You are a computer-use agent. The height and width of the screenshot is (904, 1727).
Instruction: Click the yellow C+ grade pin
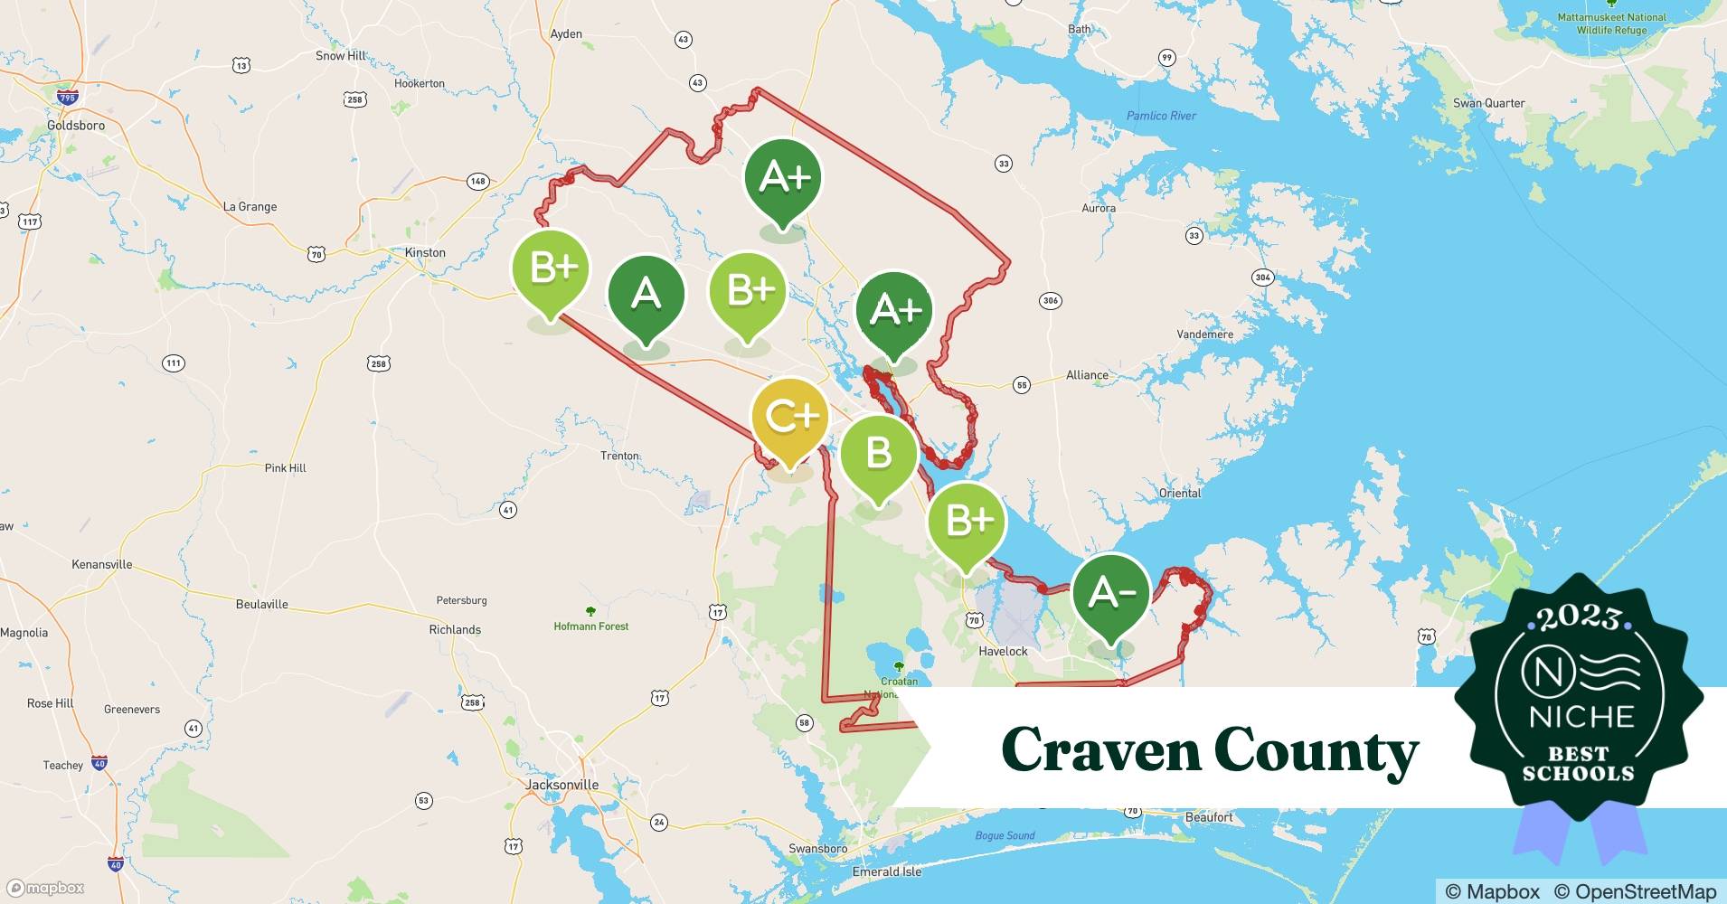pos(790,418)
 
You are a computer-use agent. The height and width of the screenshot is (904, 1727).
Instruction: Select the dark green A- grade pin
pos(1111,593)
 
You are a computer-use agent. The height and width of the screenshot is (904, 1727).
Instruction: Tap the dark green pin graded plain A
pos(646,294)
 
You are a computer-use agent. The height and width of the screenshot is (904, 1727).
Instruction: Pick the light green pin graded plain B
pos(878,453)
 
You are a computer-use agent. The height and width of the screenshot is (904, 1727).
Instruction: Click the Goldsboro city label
pos(76,126)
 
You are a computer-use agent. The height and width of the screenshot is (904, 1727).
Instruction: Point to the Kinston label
pos(425,252)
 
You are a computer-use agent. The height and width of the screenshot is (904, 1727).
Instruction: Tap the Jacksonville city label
pos(562,785)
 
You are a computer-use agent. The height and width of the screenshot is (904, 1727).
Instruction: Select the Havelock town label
pos(1003,651)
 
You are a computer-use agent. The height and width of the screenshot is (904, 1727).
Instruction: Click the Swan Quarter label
pos(1488,103)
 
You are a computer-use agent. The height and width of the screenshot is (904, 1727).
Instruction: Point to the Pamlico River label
pos(1161,116)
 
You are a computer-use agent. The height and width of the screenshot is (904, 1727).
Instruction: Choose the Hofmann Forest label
pos(590,626)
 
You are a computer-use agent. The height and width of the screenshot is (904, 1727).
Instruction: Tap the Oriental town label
pos(1180,493)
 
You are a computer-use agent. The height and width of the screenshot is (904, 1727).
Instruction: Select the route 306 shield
pos(1050,300)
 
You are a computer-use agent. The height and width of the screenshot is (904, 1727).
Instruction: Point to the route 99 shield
pos(1167,58)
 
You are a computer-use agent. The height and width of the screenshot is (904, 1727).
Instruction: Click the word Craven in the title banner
pos(1099,750)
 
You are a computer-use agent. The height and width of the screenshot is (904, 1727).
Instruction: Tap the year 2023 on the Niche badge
pos(1579,617)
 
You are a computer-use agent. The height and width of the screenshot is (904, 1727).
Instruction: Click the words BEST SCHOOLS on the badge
pos(1579,763)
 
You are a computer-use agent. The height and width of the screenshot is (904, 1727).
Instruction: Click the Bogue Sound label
pos(1005,835)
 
